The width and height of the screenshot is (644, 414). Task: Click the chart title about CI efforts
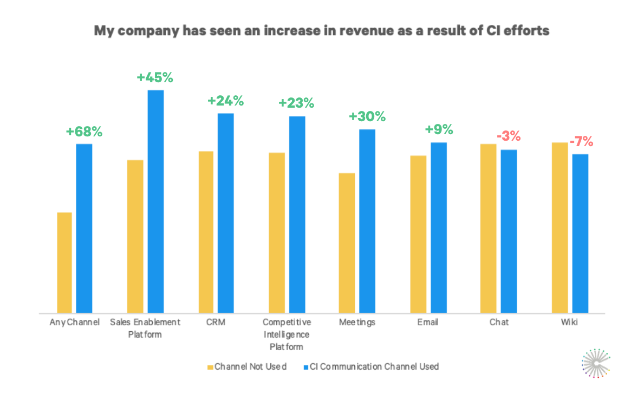coord(322,31)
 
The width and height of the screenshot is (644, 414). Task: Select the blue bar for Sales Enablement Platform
coord(156,201)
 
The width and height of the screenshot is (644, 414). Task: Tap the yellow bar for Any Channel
coord(64,262)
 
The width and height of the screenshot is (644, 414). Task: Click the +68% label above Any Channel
coord(84,132)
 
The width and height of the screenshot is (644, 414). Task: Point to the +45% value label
coord(155,77)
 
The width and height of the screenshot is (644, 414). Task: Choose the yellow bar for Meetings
coord(347,243)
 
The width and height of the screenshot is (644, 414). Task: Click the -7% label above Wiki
coord(580,142)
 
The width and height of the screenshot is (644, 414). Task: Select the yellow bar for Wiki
coord(560,227)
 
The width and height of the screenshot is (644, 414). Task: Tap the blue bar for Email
coord(439,227)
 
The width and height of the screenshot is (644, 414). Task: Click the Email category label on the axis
coord(428,323)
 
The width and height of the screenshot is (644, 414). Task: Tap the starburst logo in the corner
coord(596,363)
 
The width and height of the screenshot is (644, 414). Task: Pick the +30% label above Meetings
coord(367,117)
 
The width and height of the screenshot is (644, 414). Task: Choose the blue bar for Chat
coord(509,231)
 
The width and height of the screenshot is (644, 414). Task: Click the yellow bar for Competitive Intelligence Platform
coord(277,233)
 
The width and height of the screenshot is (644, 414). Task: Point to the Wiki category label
coord(569,323)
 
